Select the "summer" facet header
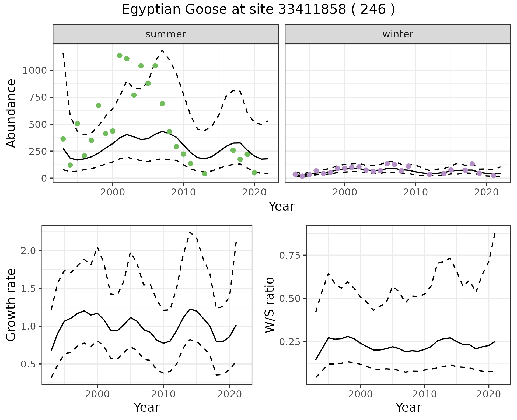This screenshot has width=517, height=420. (166, 34)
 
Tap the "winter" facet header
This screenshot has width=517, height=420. (398, 34)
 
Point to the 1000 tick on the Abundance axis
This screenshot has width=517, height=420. (35, 71)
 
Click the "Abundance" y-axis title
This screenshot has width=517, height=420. (11, 113)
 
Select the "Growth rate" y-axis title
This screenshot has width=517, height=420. (11, 305)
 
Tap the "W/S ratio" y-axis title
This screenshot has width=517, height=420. (269, 305)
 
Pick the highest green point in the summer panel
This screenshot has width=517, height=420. (120, 55)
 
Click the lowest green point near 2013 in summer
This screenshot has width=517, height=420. (205, 174)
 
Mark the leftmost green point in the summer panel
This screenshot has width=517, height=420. (63, 139)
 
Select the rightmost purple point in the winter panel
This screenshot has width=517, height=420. (493, 175)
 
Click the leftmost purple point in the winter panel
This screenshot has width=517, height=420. (295, 174)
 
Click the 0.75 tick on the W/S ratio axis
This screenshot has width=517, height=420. (291, 255)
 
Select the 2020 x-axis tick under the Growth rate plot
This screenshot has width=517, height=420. (229, 394)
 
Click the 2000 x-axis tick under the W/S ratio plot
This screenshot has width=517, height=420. (360, 394)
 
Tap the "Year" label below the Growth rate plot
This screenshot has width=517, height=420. (147, 407)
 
